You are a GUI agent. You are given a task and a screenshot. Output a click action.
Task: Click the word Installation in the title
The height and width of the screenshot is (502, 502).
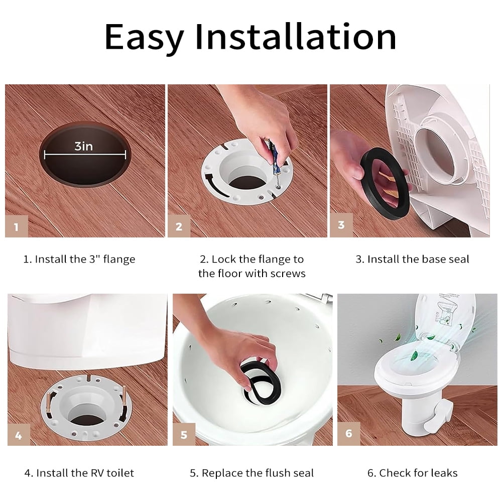(296, 36)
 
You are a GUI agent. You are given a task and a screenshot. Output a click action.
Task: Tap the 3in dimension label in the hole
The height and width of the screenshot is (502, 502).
(84, 146)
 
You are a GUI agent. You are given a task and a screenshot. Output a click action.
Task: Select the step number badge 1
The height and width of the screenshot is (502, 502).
(17, 226)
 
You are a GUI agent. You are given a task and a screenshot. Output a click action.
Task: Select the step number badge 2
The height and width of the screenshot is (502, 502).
(179, 226)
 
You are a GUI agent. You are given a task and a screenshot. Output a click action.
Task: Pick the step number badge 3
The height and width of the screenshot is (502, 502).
(341, 225)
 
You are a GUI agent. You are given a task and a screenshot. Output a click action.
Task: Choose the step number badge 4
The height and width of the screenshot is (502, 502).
(19, 435)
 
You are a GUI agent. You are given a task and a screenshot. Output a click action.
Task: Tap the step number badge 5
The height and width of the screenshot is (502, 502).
(184, 435)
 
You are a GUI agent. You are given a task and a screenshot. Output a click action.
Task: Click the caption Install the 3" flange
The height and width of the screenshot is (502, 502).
(80, 260)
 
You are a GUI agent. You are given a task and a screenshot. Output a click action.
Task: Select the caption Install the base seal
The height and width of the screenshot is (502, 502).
(412, 260)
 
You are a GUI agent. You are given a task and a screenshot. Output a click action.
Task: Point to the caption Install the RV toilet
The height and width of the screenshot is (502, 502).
(79, 473)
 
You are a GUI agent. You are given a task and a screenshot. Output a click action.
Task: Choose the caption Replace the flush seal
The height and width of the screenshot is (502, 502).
(252, 473)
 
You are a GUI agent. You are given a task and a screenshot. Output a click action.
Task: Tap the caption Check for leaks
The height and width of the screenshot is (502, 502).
(412, 473)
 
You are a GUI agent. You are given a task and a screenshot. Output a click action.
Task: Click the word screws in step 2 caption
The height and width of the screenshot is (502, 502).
(288, 274)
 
